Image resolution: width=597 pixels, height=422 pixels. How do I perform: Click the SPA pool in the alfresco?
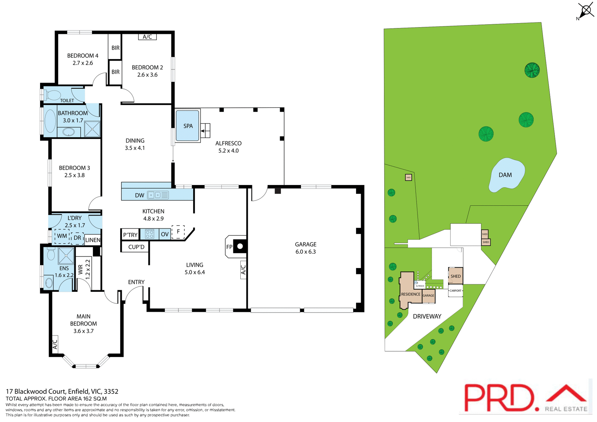coord(187,126)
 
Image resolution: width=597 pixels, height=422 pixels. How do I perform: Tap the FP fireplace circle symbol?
coord(240,246)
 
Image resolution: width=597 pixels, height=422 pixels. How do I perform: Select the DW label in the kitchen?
coord(139,195)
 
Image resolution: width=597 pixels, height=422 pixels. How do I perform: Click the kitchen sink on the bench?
coord(158,195)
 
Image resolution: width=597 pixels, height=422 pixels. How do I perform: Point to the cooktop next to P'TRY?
coord(150,234)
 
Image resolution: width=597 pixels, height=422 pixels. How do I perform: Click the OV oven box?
coord(165,234)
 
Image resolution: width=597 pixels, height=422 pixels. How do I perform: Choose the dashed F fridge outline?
coord(178,232)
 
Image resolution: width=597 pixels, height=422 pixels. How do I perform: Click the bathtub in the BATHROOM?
coord(50,121)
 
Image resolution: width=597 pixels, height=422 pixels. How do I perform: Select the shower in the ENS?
coord(66,256)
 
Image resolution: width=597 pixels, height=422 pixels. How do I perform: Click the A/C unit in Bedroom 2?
coord(147,37)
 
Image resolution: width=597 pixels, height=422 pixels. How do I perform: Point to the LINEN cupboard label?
coord(93,240)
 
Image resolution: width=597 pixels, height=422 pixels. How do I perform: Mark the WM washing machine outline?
coord(62,236)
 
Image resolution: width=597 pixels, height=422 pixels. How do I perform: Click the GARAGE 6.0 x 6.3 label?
coord(305,248)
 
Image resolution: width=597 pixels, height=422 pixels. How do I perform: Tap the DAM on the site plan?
coord(506,175)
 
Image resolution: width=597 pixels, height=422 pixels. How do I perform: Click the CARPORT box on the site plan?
coord(456,291)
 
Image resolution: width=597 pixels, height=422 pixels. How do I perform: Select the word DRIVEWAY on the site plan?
coord(427,316)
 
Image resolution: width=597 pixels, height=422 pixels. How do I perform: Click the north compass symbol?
coord(586,11)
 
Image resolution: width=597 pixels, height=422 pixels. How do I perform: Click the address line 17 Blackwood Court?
coord(62,391)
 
